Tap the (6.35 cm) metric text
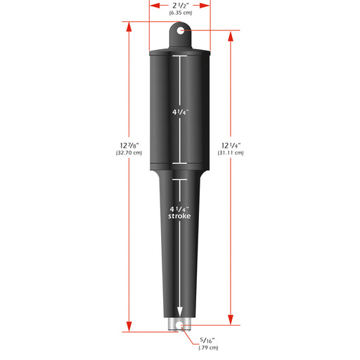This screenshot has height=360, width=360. coord(180,13)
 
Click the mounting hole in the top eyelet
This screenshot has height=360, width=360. coord(181,31)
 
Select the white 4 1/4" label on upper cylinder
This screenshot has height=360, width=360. coord(180,112)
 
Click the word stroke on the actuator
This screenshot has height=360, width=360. coord(180,217)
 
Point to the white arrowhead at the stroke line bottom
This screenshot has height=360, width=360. coord(180,312)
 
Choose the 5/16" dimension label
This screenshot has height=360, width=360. coord(209,340)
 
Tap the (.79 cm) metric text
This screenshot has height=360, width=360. coord(210,348)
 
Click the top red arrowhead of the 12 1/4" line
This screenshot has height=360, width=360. coord(230,37)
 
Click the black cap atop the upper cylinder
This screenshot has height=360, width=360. coord(180,52)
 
